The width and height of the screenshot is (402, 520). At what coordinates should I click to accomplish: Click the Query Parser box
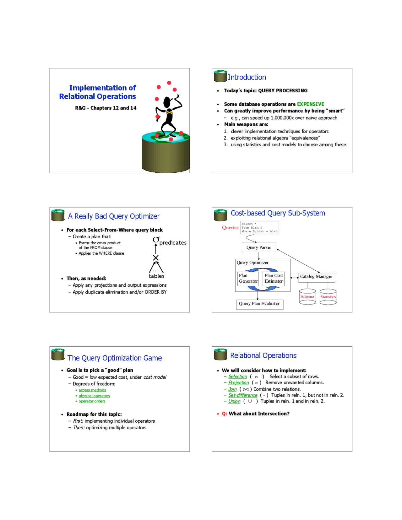[x=259, y=247]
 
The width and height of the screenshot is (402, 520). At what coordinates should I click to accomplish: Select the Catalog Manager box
[x=316, y=277]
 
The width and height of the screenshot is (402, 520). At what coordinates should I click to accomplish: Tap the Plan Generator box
[x=248, y=279]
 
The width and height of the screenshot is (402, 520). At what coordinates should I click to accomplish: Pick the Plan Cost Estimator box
[x=273, y=279]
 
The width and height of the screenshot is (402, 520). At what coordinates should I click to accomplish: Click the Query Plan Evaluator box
[x=259, y=304]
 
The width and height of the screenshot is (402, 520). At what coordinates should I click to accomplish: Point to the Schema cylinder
[x=307, y=297]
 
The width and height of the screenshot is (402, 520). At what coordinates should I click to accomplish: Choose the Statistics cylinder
[x=328, y=297]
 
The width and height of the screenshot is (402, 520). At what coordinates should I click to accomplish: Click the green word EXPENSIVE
[x=310, y=104]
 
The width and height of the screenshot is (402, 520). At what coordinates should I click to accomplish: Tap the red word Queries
[x=230, y=228]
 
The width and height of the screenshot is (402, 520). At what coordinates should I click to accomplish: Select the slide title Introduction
[x=247, y=77]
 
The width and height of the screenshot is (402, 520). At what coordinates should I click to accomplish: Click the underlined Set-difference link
[x=243, y=395]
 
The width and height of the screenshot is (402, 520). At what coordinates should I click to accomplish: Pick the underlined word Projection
[x=239, y=383]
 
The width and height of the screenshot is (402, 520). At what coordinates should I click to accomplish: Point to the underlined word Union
[x=234, y=401]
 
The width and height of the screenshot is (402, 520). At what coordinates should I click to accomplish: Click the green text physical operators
[x=94, y=396]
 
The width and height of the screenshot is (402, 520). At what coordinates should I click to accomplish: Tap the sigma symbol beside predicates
[x=156, y=240]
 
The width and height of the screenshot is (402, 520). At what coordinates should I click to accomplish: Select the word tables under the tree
[x=156, y=276]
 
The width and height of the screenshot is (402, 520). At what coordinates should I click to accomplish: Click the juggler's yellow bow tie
[x=169, y=112]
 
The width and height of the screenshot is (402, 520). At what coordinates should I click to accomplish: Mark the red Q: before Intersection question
[x=224, y=414]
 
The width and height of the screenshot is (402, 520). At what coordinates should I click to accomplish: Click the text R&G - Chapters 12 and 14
[x=106, y=108]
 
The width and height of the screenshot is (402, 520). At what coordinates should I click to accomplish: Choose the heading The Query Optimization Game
[x=115, y=358]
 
